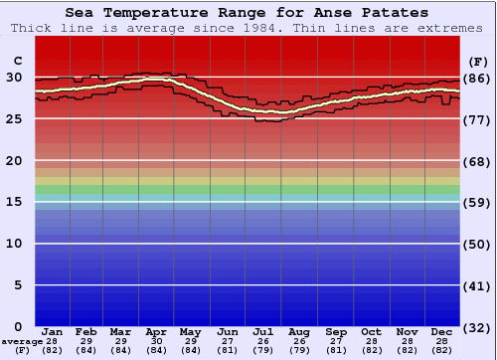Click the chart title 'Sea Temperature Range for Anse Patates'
tap(248, 13)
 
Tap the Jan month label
tap(53, 331)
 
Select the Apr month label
tap(156, 331)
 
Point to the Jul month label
tap(263, 331)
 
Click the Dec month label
tap(442, 331)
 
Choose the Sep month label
tap(336, 331)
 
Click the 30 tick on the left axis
tap(14, 78)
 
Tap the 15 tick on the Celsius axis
tap(14, 202)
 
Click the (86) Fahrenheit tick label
tap(477, 78)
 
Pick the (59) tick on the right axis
tap(477, 202)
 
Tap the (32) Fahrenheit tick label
tap(477, 327)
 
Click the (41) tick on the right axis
tap(477, 285)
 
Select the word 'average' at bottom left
tap(22, 341)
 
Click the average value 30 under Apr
tap(156, 341)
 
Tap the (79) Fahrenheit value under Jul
tap(263, 350)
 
